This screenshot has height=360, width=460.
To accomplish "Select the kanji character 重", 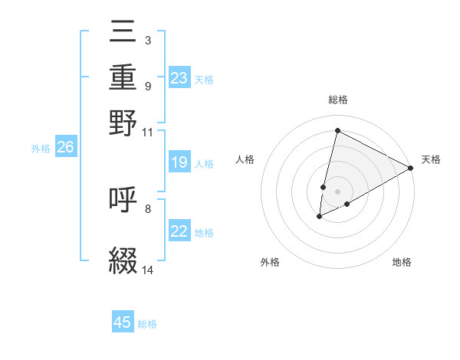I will tap(123, 79).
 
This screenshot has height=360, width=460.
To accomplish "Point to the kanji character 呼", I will tap(123, 200).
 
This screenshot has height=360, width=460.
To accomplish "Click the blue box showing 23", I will tap(179, 78).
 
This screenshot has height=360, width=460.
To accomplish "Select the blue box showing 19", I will tap(179, 162).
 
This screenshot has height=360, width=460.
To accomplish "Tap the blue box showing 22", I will tap(179, 232).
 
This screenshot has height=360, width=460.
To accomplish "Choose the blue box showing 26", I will tap(65, 148).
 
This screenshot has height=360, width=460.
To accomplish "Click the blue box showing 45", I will tap(123, 322).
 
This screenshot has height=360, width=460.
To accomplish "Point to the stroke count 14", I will tap(148, 270).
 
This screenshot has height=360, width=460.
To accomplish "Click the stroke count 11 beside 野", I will tap(148, 132).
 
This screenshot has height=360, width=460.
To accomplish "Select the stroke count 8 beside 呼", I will tap(148, 208).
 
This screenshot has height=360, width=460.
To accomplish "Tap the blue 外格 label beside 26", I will tap(41, 149).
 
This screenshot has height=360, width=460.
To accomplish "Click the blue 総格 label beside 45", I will tap(147, 324).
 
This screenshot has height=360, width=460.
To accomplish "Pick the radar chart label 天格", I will tap(431, 159).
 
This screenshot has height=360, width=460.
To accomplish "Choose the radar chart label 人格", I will tap(245, 159).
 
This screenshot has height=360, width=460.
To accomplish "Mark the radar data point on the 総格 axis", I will tap(337, 130).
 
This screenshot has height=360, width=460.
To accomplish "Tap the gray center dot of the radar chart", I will tap(337, 191).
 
